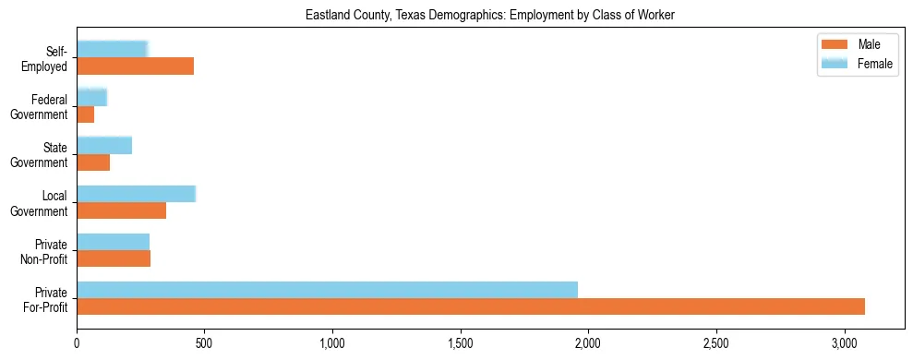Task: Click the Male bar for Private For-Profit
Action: (x=471, y=306)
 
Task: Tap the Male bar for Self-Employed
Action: (x=135, y=66)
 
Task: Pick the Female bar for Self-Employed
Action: (x=112, y=49)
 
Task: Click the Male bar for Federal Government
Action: (x=85, y=114)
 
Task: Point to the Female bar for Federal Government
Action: (x=91, y=97)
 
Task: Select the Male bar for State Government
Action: (x=93, y=162)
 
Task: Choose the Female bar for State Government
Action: (x=104, y=145)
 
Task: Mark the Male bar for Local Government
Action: (x=121, y=210)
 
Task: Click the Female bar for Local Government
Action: (x=136, y=193)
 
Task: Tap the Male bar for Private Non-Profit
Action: (x=114, y=258)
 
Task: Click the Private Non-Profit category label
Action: (x=46, y=250)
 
